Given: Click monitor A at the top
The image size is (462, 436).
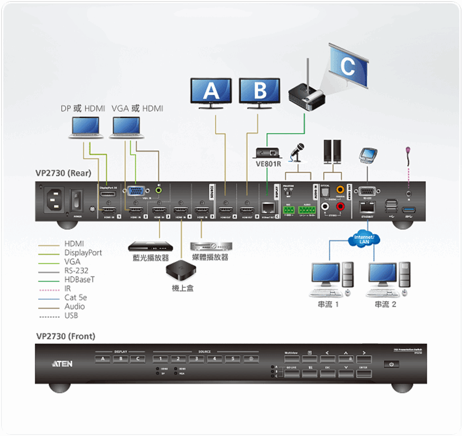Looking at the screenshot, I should pyautogui.click(x=211, y=91).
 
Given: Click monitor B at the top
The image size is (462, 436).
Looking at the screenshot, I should pyautogui.click(x=260, y=91).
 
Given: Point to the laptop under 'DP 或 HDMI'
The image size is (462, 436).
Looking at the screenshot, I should pyautogui.click(x=86, y=127).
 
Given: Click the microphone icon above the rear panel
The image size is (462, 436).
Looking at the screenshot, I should pyautogui.click(x=300, y=150).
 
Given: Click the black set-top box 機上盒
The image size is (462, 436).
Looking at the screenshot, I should pyautogui.click(x=182, y=270).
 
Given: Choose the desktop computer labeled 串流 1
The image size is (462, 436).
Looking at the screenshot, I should pyautogui.click(x=331, y=278).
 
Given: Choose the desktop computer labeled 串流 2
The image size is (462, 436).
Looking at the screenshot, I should pyautogui.click(x=387, y=278).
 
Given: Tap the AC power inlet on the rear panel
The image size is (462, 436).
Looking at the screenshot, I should pyautogui.click(x=52, y=198).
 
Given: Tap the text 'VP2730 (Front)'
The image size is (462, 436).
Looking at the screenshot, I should pyautogui.click(x=65, y=336).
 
